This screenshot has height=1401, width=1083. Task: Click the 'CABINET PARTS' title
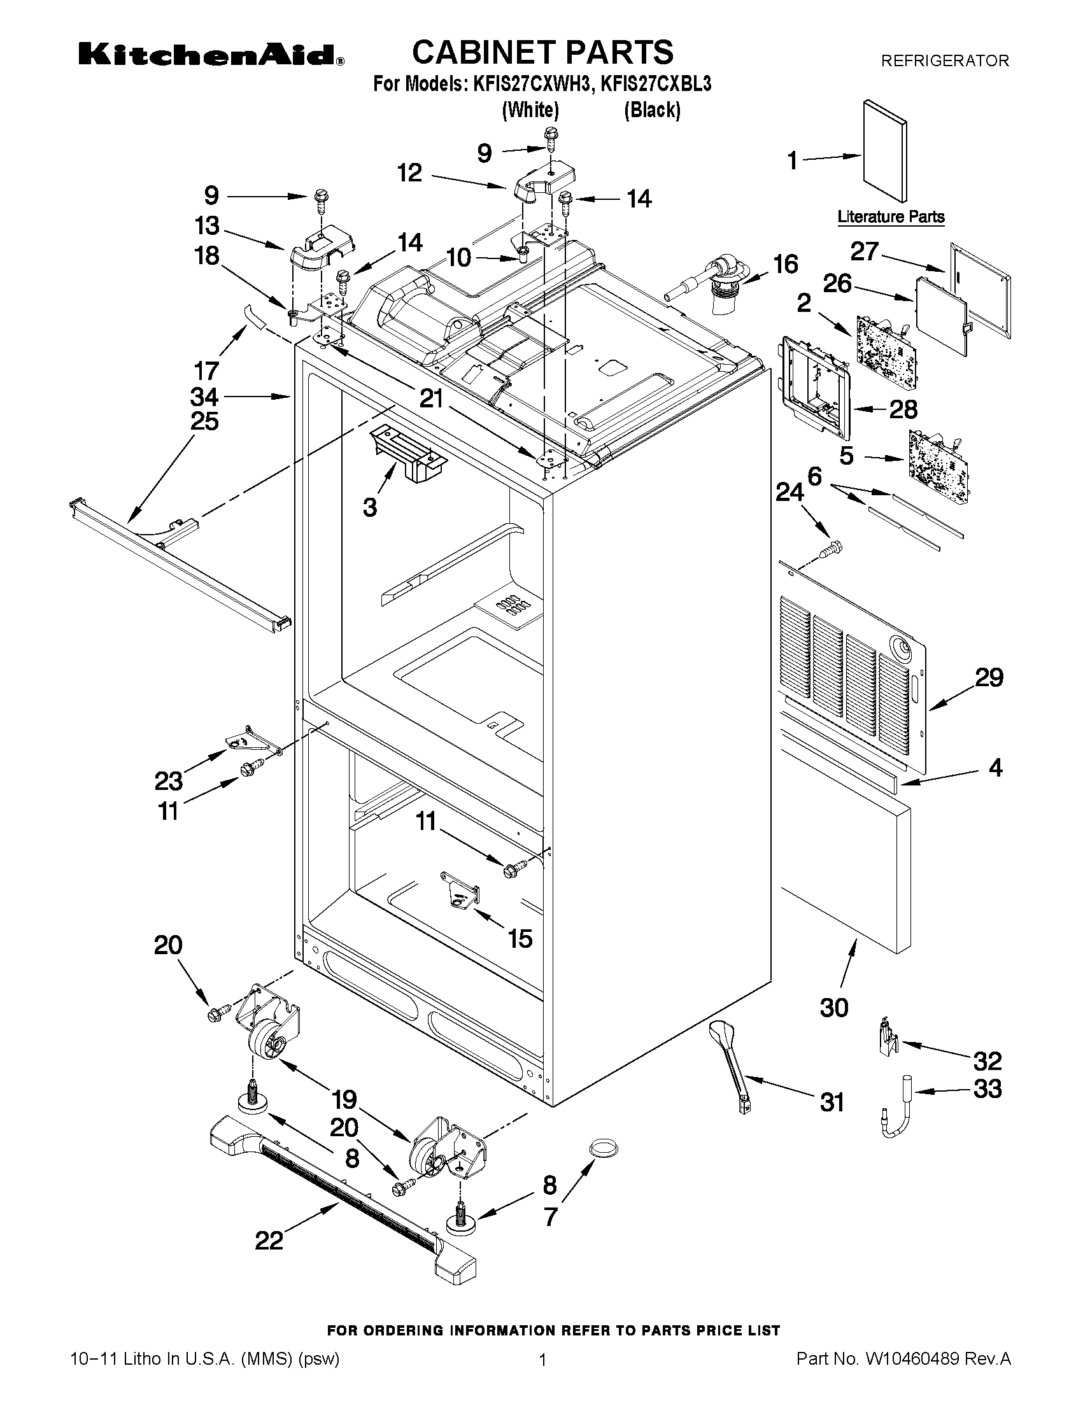(542, 52)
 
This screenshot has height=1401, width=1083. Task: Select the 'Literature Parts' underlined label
(891, 217)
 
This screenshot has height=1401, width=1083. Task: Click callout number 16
(786, 264)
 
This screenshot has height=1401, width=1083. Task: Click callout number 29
(989, 677)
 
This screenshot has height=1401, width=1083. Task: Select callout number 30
(834, 1008)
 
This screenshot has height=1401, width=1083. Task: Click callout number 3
(369, 507)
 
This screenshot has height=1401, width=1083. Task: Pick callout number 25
(204, 421)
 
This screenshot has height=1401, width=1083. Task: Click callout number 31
(832, 1102)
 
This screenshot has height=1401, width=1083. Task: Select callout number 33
(987, 1088)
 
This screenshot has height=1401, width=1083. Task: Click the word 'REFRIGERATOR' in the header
(944, 61)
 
